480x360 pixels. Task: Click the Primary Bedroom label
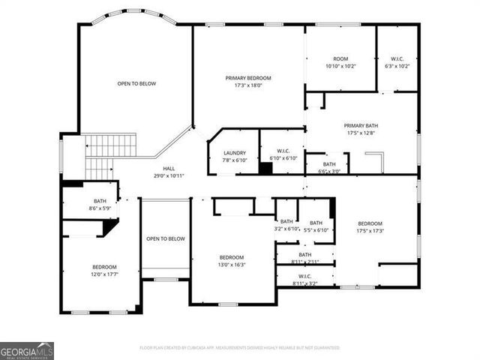coord(248,81)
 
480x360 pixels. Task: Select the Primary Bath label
coord(361,129)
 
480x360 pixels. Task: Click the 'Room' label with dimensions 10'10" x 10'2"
coord(340,62)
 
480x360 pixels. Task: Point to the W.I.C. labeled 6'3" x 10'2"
coord(397,62)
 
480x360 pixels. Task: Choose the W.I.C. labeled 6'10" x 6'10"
coord(283,154)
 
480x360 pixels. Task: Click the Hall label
coord(169,172)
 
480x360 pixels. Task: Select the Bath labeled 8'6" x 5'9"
coord(100,204)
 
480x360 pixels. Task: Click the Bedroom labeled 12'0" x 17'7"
coord(104,271)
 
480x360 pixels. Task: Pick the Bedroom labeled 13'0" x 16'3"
coord(231,261)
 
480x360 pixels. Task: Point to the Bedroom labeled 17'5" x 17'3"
coord(370,227)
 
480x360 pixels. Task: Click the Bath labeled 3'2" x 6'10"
coord(286,225)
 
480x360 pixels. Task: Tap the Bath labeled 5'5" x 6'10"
coord(316,226)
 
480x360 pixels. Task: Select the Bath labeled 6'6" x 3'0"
coord(329,167)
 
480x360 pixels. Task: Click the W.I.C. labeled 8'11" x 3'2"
coord(305,280)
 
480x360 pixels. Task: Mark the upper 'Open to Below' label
coord(136,83)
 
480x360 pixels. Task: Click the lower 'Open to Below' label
coord(166,238)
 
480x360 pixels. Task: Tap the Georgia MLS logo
coord(27,351)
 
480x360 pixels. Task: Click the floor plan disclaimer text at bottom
coord(239,348)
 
